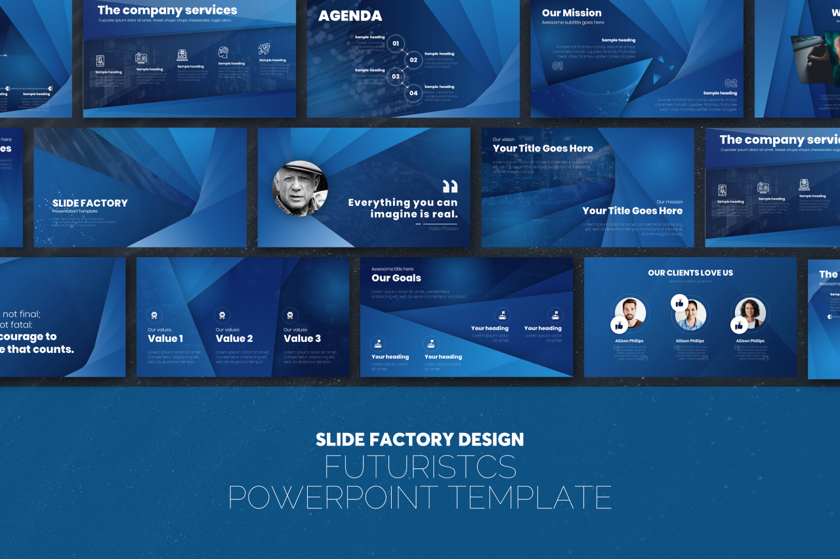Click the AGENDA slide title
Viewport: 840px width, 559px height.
pos(350,16)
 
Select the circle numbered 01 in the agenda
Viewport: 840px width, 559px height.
pos(395,45)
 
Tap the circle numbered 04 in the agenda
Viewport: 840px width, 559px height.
pos(413,93)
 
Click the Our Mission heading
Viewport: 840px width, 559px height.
pos(572,13)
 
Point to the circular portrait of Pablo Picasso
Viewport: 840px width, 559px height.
pos(300,188)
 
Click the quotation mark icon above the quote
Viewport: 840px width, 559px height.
pos(450,186)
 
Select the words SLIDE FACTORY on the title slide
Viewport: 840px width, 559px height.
pos(90,203)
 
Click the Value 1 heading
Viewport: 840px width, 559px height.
pos(165,339)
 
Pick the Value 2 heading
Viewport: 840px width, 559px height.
pos(234,339)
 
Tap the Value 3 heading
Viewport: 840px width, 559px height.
pos(302,339)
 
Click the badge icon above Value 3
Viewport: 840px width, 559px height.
pos(290,315)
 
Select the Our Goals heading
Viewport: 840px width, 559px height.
pos(396,278)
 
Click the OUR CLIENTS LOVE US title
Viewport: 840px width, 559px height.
pos(690,273)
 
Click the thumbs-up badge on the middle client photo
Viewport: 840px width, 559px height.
pos(679,303)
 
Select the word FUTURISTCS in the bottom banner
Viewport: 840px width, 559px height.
pos(420,467)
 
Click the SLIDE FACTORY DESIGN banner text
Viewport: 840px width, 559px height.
pos(420,439)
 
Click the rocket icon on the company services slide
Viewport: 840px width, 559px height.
pos(264,49)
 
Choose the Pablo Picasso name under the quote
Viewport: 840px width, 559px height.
pos(444,228)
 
